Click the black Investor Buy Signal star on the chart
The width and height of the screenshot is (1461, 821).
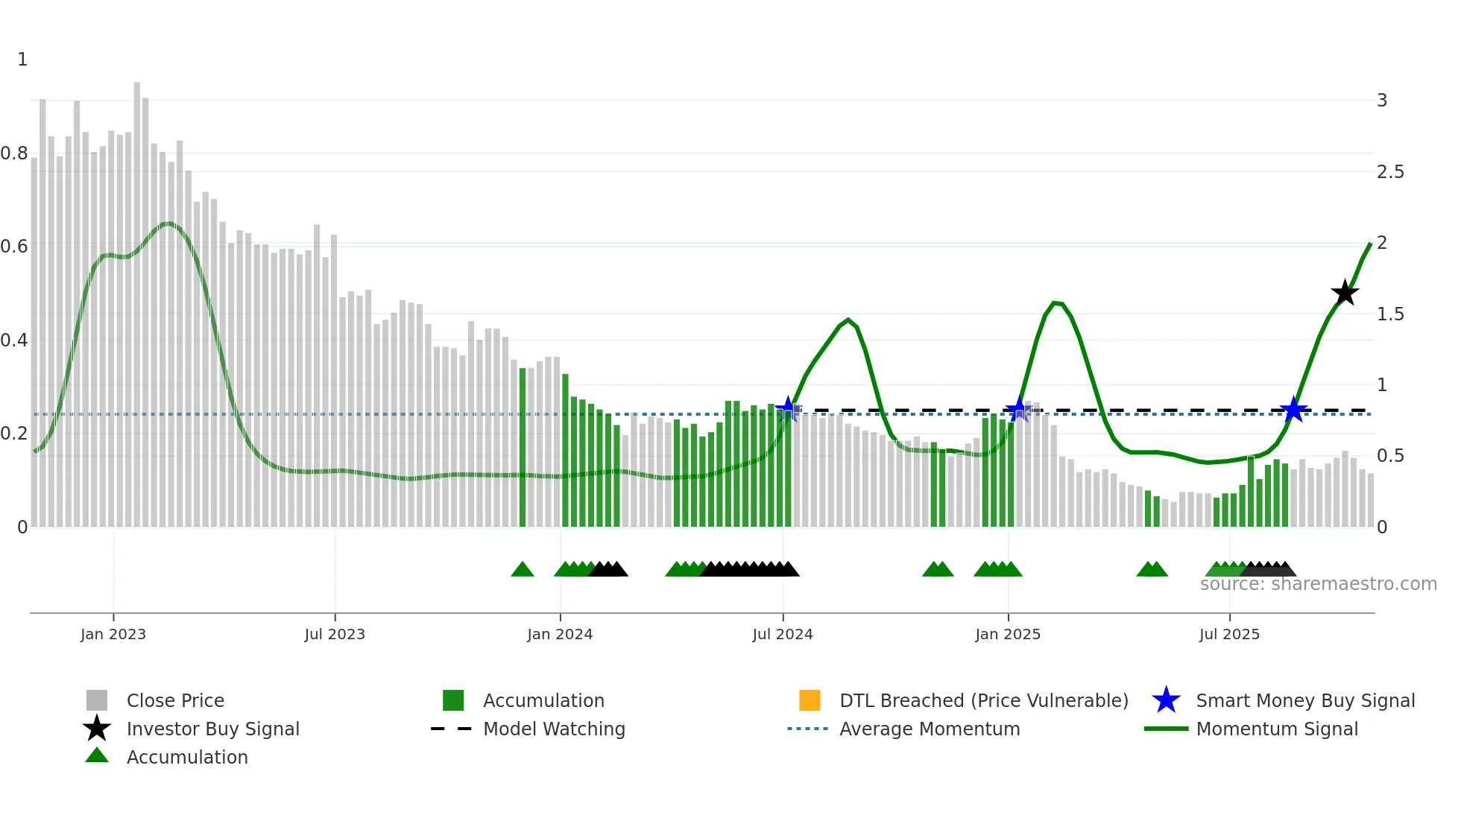coord(1345,293)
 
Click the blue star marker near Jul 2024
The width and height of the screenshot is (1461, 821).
coord(788,409)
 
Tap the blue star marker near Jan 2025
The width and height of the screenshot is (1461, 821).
coord(1017,410)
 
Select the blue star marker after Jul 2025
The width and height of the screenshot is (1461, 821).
coord(1293,410)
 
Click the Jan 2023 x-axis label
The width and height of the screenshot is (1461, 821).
coord(113,634)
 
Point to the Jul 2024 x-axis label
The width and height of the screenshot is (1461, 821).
coord(783,634)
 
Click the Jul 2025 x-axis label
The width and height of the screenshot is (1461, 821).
coord(1229,634)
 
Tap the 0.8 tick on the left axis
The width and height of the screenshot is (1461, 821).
coord(14,153)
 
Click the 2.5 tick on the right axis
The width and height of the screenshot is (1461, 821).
coord(1390,172)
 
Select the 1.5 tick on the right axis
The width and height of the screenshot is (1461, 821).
coord(1390,314)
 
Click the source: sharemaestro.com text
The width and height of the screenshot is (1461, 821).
coord(1318,584)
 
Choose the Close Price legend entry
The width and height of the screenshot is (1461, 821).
coord(175,700)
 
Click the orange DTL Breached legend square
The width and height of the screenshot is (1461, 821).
coord(810,700)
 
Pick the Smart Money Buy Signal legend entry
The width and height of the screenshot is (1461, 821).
coord(1304,700)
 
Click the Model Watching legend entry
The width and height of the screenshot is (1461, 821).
coord(553,729)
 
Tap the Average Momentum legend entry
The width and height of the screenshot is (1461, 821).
coord(929,729)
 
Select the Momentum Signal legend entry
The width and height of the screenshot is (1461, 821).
coord(1276,729)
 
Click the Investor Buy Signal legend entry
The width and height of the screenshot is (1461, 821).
coord(212,729)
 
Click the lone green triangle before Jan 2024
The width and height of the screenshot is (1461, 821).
coord(523,570)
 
